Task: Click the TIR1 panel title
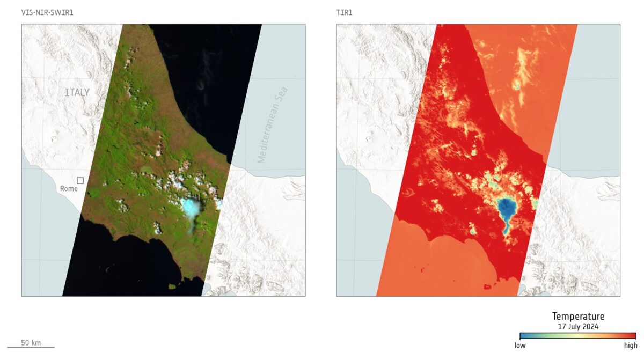tap(346, 11)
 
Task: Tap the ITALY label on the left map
tap(77, 92)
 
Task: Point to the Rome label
tap(69, 189)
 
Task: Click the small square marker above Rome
tap(80, 181)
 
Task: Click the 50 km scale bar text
tap(31, 343)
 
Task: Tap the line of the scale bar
tap(31, 347)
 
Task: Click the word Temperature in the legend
tap(578, 317)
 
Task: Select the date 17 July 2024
tap(578, 326)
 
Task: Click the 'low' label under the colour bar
tap(520, 346)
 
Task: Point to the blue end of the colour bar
tap(524, 336)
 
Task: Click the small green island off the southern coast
tap(173, 286)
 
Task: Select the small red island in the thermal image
tap(487, 287)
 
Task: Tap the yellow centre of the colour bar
tap(578, 336)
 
